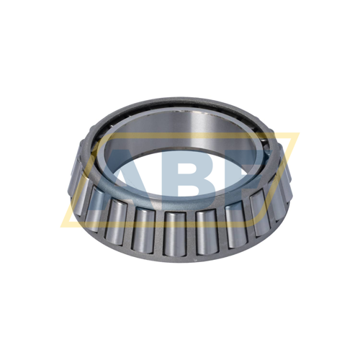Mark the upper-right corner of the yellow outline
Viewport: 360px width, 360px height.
(x=297, y=134)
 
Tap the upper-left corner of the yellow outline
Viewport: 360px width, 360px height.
(x=96, y=135)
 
